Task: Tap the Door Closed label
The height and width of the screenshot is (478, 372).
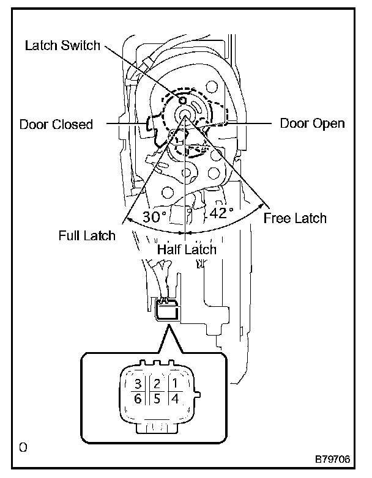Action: (x=56, y=125)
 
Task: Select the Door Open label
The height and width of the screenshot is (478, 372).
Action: (x=312, y=123)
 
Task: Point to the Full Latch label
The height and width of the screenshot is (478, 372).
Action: (x=87, y=235)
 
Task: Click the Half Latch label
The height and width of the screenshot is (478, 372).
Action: (x=187, y=249)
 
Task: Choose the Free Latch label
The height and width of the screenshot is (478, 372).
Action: (x=295, y=218)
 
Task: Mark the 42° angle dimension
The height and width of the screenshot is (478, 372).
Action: (x=221, y=213)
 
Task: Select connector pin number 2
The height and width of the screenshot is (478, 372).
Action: (x=157, y=384)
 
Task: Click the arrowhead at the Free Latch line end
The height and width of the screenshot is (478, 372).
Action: (x=267, y=204)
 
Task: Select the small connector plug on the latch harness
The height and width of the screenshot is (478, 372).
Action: (x=167, y=311)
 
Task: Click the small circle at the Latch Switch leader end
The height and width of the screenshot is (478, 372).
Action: (x=182, y=99)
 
